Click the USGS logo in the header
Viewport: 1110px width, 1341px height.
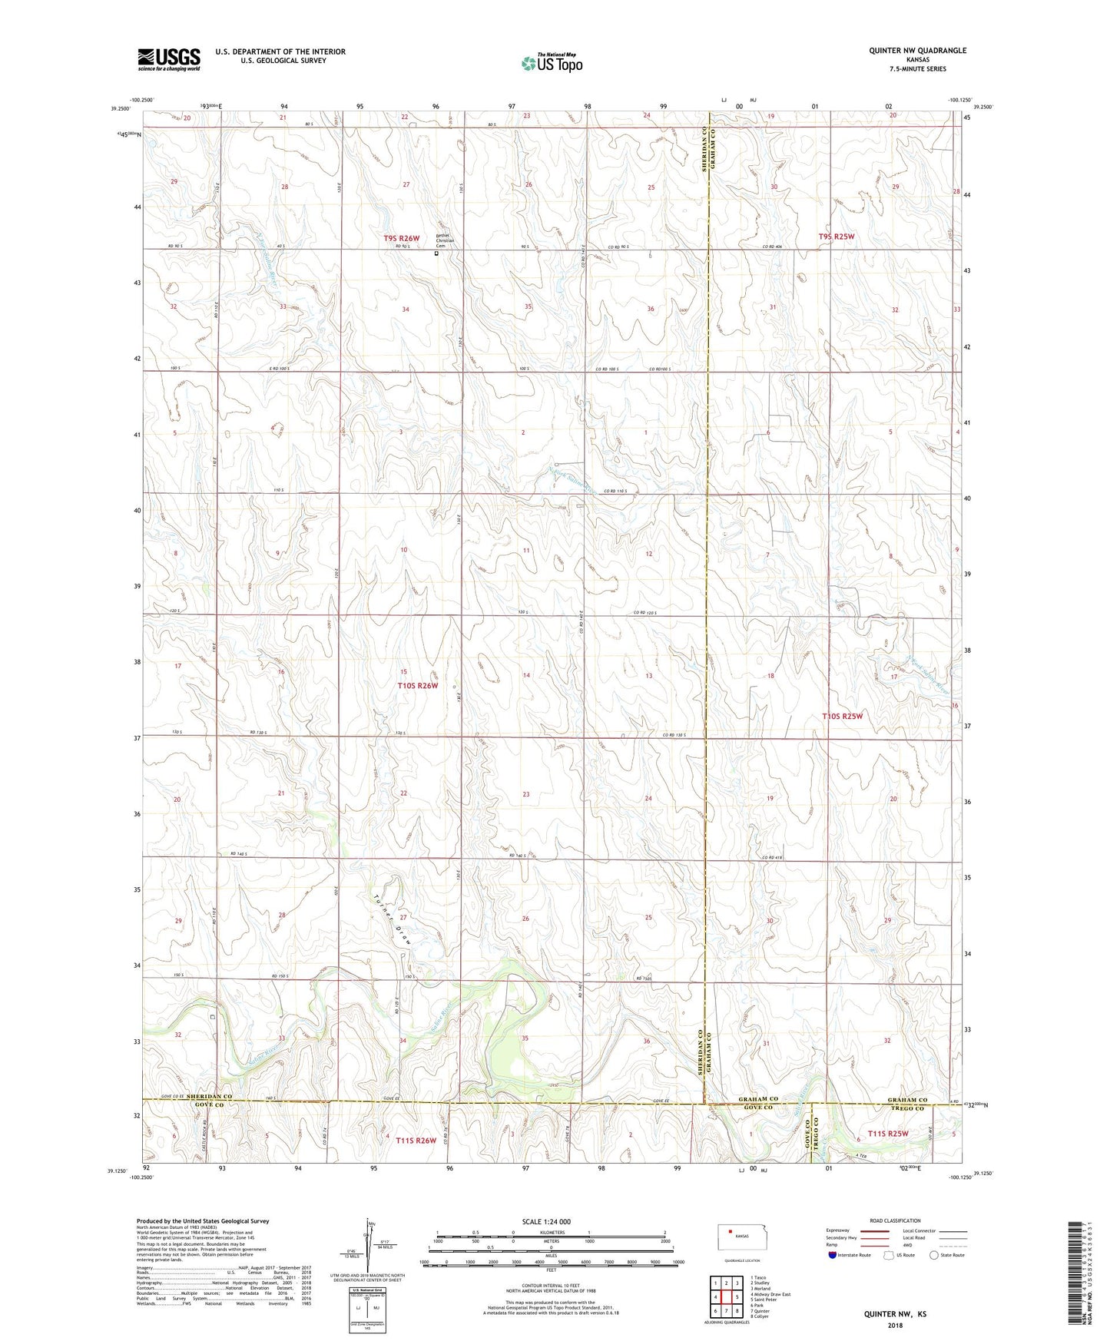169,59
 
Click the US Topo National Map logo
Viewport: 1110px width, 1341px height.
551,62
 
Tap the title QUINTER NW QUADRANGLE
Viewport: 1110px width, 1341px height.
917,51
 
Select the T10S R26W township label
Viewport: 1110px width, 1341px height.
417,685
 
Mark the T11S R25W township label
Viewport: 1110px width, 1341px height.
888,1134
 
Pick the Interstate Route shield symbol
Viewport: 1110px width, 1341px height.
833,1255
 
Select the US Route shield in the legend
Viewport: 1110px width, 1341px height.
889,1255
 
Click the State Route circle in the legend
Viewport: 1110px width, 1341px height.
933,1255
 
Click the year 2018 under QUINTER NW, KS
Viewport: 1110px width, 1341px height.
895,1325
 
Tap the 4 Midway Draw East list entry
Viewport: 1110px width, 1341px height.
770,1294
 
